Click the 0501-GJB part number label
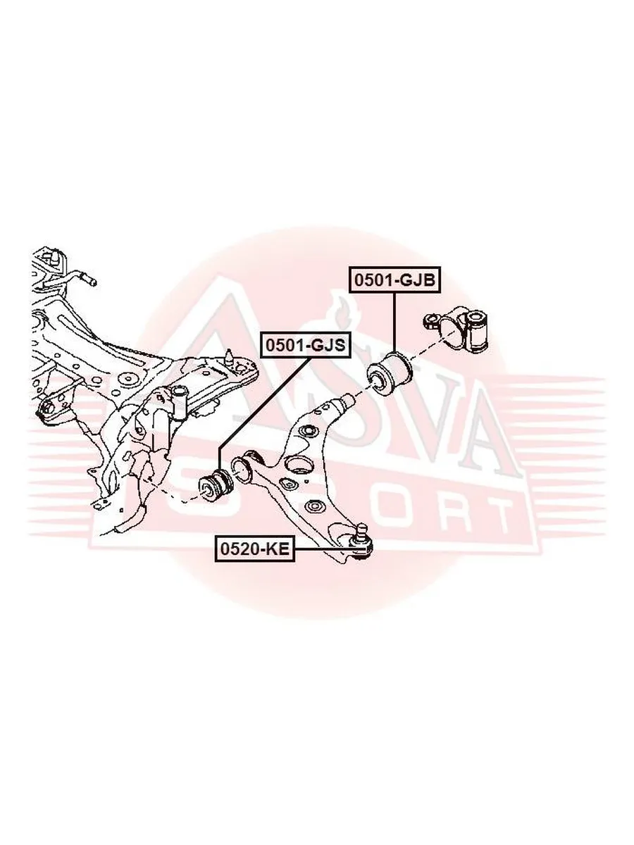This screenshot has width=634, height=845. (394, 280)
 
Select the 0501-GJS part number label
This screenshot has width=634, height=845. (305, 345)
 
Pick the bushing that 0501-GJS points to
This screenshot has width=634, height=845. (215, 489)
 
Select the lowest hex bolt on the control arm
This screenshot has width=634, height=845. (313, 506)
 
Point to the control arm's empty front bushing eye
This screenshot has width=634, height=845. (241, 471)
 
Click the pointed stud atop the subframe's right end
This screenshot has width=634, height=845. (230, 356)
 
